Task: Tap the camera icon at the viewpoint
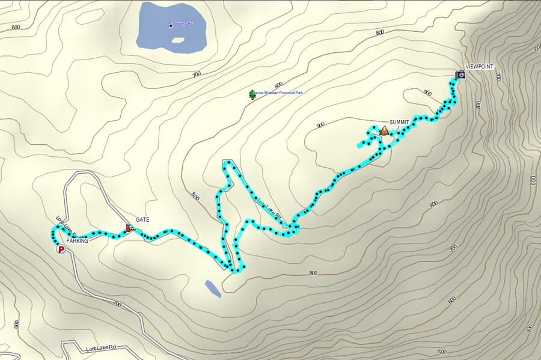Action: pos(460,75)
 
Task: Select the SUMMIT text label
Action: pos(399,122)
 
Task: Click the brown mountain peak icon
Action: pos(384,130)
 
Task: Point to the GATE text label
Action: pos(142,219)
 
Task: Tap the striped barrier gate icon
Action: pos(129,228)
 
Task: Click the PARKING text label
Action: pos(78,240)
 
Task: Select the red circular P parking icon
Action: pos(60,249)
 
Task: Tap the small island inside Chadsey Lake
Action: pos(177,40)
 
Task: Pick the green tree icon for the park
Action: pos(252,94)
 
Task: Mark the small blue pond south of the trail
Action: pos(212,288)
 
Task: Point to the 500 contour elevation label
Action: pos(442,352)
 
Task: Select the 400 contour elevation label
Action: pos(529,328)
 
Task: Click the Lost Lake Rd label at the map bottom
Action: pos(100,349)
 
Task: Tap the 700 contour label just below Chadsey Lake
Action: pos(196,75)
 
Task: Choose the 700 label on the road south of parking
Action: pos(117,305)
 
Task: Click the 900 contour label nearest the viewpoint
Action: pos(427,93)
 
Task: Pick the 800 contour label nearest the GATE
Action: pos(194,195)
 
